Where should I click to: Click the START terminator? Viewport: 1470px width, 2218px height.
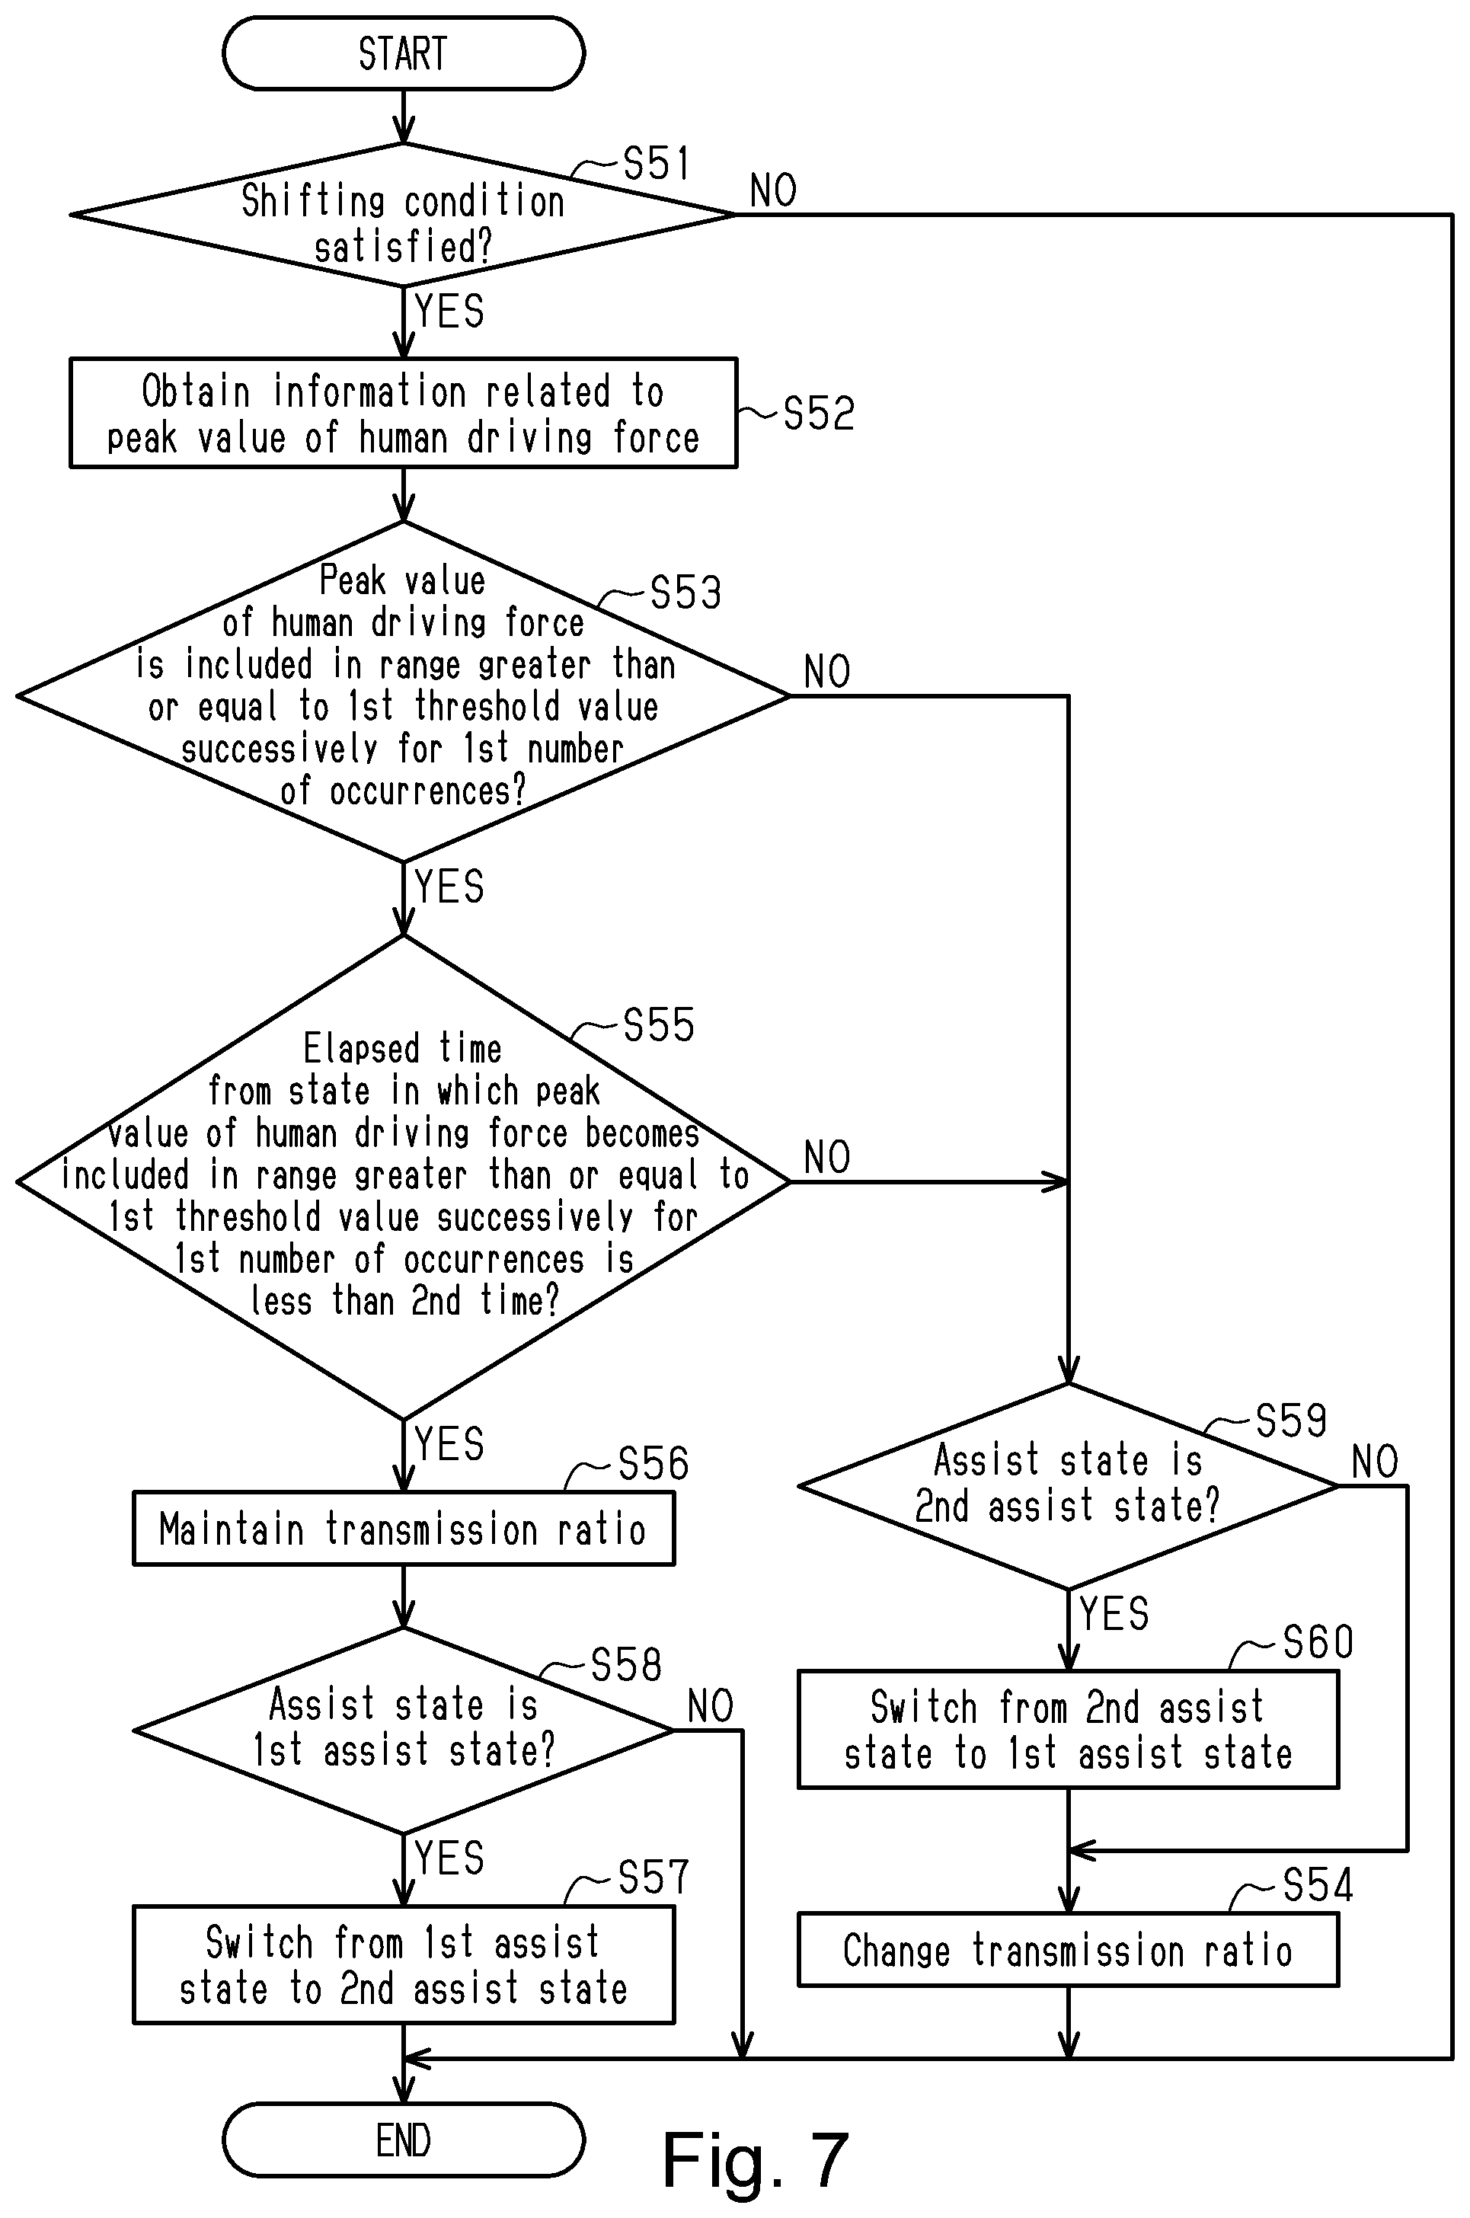click(x=403, y=53)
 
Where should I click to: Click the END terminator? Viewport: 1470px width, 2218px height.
click(x=403, y=2140)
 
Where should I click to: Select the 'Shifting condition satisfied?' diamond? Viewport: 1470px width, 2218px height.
click(x=403, y=215)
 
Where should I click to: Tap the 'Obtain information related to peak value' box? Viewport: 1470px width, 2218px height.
click(x=403, y=413)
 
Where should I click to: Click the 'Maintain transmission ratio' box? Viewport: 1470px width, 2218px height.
click(x=403, y=1529)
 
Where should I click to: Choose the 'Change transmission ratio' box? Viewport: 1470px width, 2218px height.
click(x=1068, y=1950)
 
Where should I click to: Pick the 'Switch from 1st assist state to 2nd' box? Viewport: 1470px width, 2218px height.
click(x=403, y=1965)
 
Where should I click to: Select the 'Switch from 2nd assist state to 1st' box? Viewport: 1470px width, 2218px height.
click(x=1068, y=1730)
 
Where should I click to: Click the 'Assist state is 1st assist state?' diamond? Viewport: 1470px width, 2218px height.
click(x=403, y=1731)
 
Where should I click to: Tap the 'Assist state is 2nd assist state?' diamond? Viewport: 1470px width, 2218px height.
click(x=1068, y=1486)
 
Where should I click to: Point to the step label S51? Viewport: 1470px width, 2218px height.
click(x=657, y=164)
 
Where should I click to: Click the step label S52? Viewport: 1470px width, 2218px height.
click(x=819, y=414)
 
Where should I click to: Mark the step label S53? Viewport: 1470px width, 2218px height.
click(x=685, y=593)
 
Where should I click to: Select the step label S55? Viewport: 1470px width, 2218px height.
click(x=659, y=1025)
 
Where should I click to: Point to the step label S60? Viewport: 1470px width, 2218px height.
click(x=1318, y=1642)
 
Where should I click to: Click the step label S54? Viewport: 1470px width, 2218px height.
click(x=1318, y=1885)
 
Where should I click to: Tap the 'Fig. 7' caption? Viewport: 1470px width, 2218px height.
click(x=756, y=2160)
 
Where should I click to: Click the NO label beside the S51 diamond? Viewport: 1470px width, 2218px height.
click(x=773, y=191)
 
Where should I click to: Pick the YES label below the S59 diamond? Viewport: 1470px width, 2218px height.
click(x=1114, y=1614)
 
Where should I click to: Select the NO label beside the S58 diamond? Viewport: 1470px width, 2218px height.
click(x=711, y=1706)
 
